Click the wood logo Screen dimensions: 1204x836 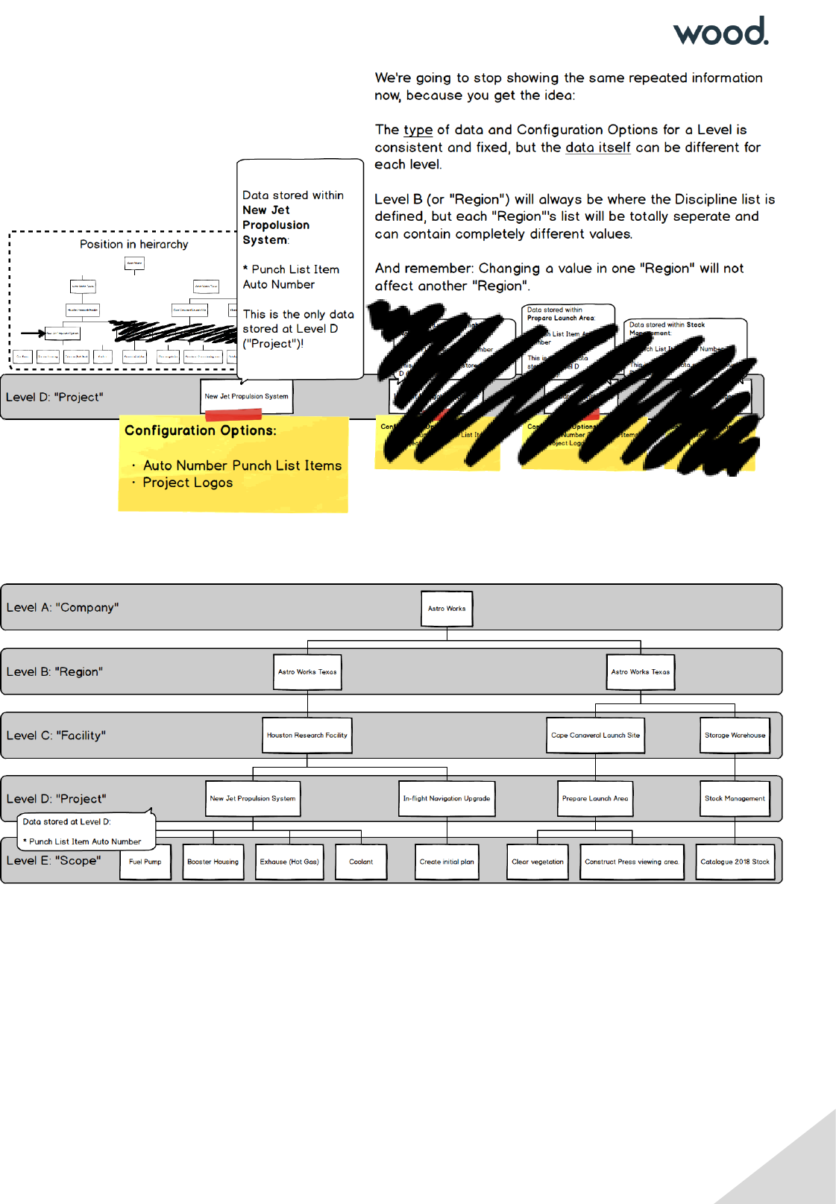coord(720,31)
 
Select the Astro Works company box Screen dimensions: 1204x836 coord(447,609)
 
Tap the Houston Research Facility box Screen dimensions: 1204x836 coord(307,736)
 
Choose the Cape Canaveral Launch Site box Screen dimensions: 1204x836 coord(595,736)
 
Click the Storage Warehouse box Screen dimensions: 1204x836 coord(735,736)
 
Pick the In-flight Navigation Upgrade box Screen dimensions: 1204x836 coord(447,799)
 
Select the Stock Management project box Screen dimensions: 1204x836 coord(735,799)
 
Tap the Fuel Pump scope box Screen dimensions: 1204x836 coord(145,862)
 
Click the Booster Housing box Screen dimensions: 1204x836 coord(213,862)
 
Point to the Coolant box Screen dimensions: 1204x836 coord(361,862)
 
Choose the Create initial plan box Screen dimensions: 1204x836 coord(447,862)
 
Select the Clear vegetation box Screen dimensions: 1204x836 coord(538,862)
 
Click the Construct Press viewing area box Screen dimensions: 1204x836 coord(632,862)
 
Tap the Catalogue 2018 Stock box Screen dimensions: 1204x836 coord(735,862)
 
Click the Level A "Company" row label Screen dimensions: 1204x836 coord(63,608)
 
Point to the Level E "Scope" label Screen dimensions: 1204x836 coord(54,861)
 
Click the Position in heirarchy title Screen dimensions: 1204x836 coord(134,245)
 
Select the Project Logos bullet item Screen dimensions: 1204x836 coord(188,483)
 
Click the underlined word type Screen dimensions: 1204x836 coord(418,130)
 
